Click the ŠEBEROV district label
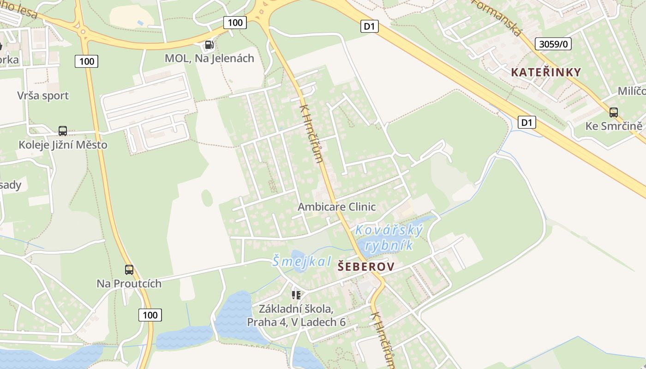tap(366, 267)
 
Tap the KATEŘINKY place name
tap(546, 72)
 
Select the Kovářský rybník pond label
tap(389, 237)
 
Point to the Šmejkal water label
tap(301, 262)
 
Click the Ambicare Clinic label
tap(336, 207)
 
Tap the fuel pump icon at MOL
tap(209, 45)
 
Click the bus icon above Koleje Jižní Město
tap(63, 131)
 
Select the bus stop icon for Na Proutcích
tap(129, 270)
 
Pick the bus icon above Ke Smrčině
tap(613, 112)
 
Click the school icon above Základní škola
tap(296, 294)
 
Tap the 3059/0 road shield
tap(553, 44)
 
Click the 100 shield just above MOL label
tap(235, 22)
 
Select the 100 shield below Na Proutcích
tap(150, 315)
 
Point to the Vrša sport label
tap(43, 96)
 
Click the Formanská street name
tap(497, 18)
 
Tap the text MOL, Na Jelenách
tap(209, 58)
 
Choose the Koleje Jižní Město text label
tap(63, 145)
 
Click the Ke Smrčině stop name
tap(614, 126)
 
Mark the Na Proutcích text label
tap(129, 283)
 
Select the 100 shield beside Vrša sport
tap(86, 61)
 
